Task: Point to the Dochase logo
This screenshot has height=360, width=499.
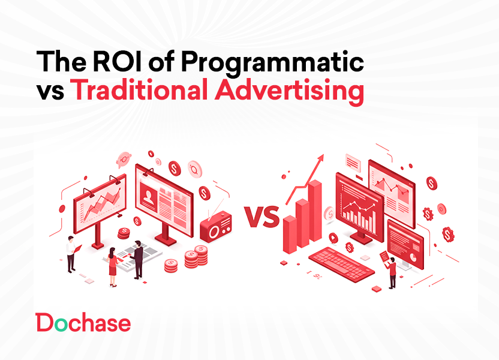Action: pyautogui.click(x=83, y=323)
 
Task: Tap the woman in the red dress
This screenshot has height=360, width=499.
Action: pyautogui.click(x=112, y=269)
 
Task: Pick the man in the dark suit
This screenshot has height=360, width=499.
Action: pyautogui.click(x=138, y=259)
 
